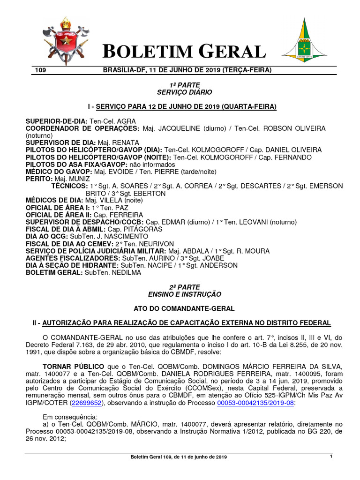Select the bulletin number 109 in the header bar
tap(40, 70)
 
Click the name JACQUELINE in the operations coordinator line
tap(178, 128)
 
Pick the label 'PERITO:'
tap(39, 179)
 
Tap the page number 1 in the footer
tap(331, 456)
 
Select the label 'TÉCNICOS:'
tap(69, 186)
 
